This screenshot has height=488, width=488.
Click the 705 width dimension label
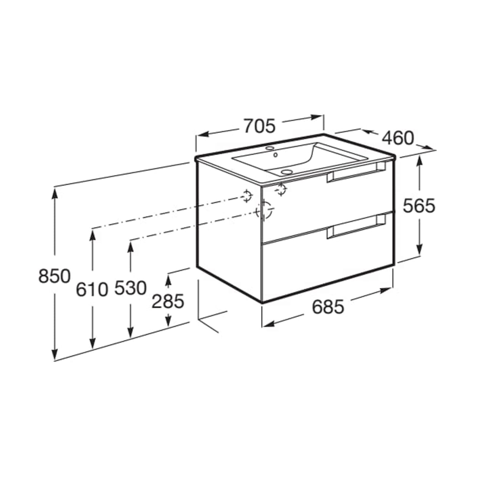(x=259, y=126)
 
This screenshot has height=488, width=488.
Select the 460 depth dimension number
(x=398, y=138)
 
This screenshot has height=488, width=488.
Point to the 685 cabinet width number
(x=328, y=307)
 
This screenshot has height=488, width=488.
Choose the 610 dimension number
(x=92, y=289)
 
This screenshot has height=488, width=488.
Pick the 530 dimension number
(x=130, y=288)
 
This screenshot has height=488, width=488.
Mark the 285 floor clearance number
(x=168, y=301)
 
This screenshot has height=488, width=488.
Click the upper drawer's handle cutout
(x=356, y=172)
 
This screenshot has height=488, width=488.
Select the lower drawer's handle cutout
(x=356, y=226)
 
